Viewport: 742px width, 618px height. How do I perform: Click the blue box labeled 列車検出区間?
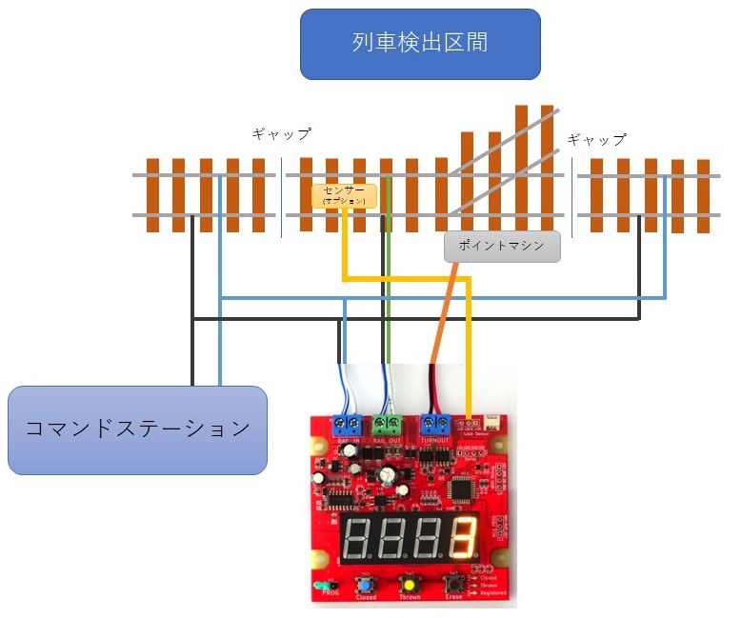click(420, 44)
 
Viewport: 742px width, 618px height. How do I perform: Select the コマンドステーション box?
click(137, 429)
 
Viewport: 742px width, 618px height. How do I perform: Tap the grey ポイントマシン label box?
click(502, 246)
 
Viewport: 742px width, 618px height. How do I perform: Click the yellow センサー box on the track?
click(344, 196)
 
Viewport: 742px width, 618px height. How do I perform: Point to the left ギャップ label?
click(281, 134)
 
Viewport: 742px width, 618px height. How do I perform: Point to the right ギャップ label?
click(597, 139)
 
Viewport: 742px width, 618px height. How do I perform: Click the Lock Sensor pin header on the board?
click(467, 423)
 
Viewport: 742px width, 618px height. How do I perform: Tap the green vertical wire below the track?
click(390, 295)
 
